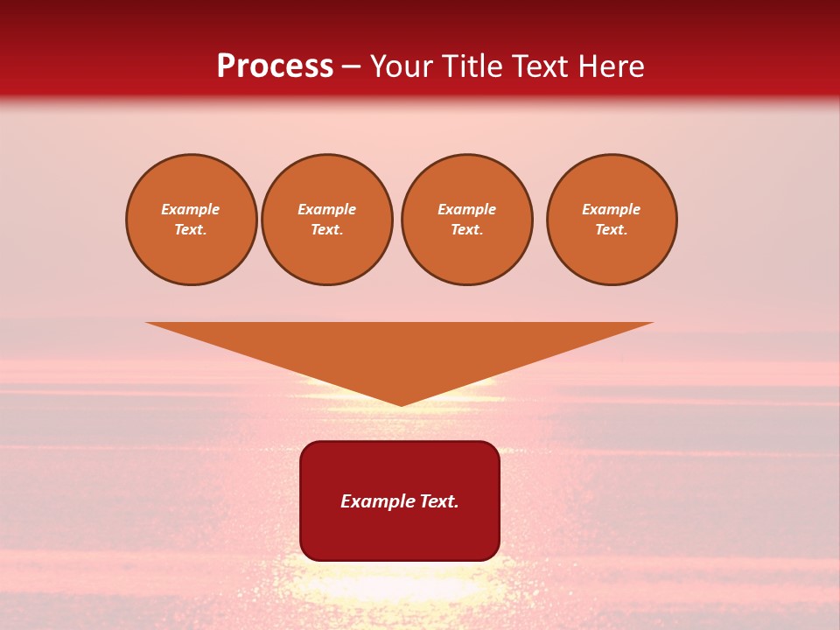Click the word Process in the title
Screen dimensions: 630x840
pos(275,66)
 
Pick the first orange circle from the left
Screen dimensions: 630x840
pos(192,220)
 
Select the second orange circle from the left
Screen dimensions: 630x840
pos(327,220)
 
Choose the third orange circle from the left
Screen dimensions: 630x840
pos(467,220)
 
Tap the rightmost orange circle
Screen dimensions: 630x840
pos(612,220)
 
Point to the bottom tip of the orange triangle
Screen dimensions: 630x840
pos(401,404)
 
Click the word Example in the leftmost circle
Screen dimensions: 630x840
pos(191,209)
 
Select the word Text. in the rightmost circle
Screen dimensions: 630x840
pos(612,230)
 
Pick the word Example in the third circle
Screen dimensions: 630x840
pos(467,209)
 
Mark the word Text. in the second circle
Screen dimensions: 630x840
pos(327,230)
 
